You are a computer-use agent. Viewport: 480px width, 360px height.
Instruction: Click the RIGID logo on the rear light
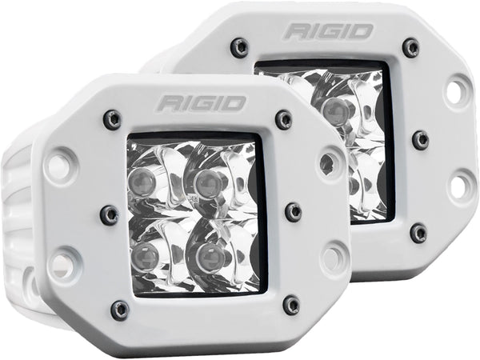(x=329, y=31)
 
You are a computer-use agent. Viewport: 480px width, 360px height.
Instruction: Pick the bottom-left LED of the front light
(x=144, y=255)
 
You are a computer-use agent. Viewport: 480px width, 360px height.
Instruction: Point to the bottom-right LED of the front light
(x=210, y=254)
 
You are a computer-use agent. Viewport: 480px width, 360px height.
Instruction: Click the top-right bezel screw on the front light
(x=284, y=118)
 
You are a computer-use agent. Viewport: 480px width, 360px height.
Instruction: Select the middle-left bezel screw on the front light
(x=110, y=213)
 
